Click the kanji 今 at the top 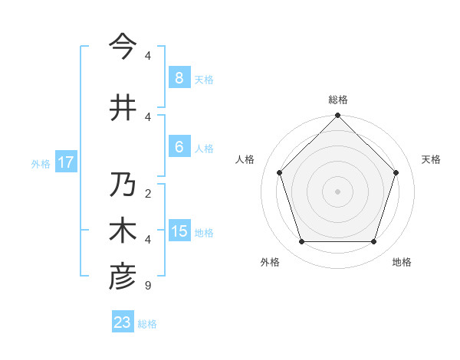[x=123, y=47]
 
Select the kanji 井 [x=123, y=108]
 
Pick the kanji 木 [x=123, y=231]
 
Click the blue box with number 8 [x=179, y=78]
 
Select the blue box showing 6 [x=179, y=147]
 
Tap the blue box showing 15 [x=179, y=231]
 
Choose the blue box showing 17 [x=65, y=162]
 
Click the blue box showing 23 [x=123, y=322]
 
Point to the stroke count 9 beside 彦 [x=148, y=286]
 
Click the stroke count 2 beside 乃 [x=148, y=193]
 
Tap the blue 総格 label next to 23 [x=147, y=324]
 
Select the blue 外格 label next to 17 [x=41, y=163]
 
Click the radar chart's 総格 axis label [x=338, y=100]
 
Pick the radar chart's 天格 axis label [x=431, y=159]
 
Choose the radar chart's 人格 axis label [x=245, y=159]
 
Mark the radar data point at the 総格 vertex [x=337, y=116]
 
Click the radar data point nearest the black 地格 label [x=373, y=242]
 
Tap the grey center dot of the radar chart [x=337, y=191]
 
